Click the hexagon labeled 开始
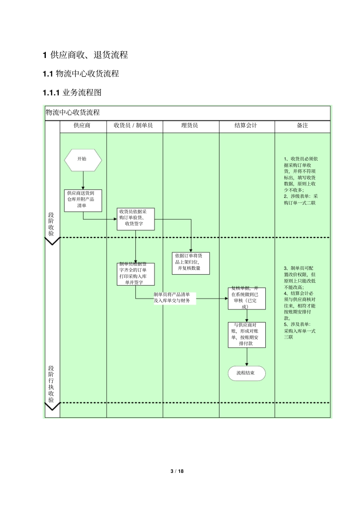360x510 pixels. (x=83, y=160)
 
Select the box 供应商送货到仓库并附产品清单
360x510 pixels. (x=83, y=200)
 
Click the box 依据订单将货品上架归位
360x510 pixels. (x=191, y=263)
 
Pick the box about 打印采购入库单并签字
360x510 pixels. (x=136, y=274)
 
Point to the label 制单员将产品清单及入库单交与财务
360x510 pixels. (x=175, y=298)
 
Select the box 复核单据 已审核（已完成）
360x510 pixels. (x=247, y=298)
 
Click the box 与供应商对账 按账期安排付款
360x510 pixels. (x=247, y=334)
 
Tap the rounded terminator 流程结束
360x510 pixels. (x=247, y=373)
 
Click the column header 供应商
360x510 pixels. (x=82, y=126)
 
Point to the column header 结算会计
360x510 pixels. (x=246, y=126)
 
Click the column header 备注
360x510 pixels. (x=302, y=126)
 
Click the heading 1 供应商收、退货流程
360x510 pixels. (x=85, y=55)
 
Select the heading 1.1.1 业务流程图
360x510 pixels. (x=72, y=92)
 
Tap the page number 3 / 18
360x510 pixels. (x=177, y=471)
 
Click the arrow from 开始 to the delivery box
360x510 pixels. (x=83, y=180)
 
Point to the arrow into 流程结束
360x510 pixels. (x=247, y=357)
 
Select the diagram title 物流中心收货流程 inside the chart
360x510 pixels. (x=73, y=113)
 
